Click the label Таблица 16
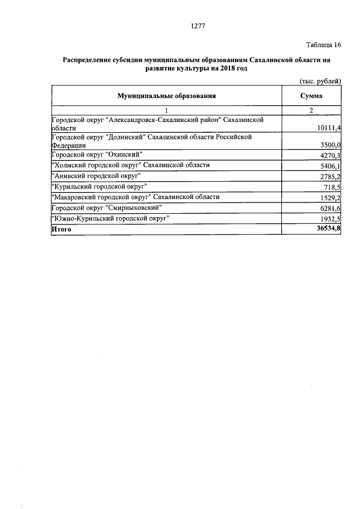click(323, 45)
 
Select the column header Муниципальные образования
click(166, 96)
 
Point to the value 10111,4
click(329, 128)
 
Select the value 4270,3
click(331, 155)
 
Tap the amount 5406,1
click(331, 166)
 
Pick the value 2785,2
click(331, 177)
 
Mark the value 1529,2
click(331, 198)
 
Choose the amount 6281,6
click(331, 209)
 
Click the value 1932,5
click(331, 219)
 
